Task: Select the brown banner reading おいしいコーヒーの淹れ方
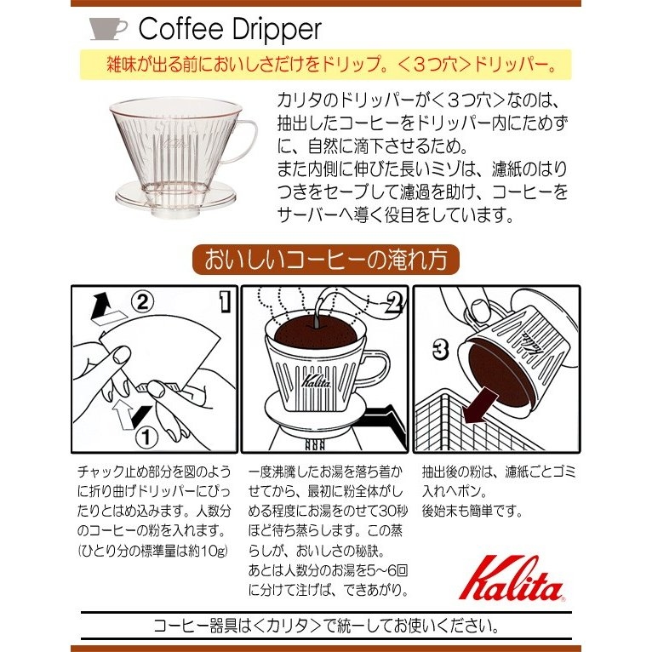tap(325, 258)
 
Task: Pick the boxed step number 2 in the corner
tap(394, 300)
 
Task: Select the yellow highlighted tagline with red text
tap(325, 65)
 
